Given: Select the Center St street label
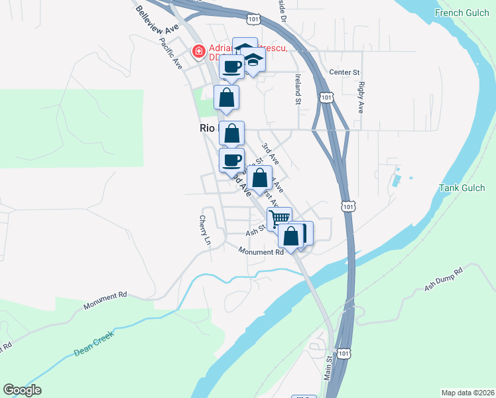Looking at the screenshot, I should pos(344,72).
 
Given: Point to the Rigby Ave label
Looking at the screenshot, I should pos(361,97).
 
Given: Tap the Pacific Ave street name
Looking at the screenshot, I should pos(170,53).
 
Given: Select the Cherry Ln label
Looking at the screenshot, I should pos(205,229).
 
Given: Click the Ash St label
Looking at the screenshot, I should pos(255,232).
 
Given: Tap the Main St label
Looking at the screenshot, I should pos(328,369).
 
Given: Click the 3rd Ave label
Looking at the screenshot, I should pos(270,154).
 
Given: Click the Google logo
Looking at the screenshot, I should pos(22,390).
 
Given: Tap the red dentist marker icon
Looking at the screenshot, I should pos(198,50).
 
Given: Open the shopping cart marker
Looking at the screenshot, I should pos(280,218).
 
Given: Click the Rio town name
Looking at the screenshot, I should pos(208,129).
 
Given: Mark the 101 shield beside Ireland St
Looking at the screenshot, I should pos(325,98).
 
